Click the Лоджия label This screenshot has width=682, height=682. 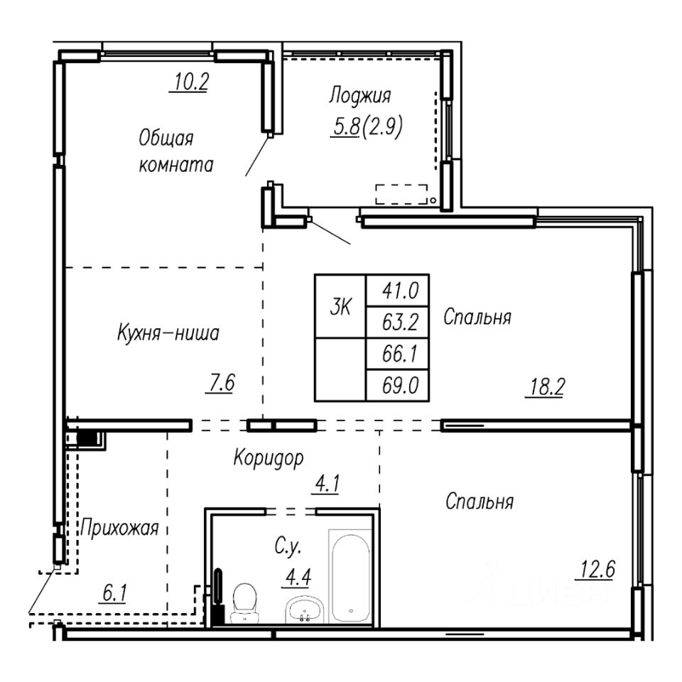359,96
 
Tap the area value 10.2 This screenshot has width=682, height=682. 191,81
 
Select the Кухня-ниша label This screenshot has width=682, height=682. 168,334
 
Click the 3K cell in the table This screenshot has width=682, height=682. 340,307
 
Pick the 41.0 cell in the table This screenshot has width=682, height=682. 398,291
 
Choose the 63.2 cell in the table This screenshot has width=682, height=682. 398,323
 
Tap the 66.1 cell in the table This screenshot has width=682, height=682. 398,354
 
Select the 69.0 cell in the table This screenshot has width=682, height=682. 398,385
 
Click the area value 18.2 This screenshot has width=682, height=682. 547,386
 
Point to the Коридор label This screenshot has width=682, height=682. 269,458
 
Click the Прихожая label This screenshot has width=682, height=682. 119,529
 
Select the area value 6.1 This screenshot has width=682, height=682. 114,592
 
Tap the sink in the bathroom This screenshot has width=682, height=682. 304,610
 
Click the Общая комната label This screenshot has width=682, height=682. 175,151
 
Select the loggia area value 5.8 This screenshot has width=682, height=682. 346,126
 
